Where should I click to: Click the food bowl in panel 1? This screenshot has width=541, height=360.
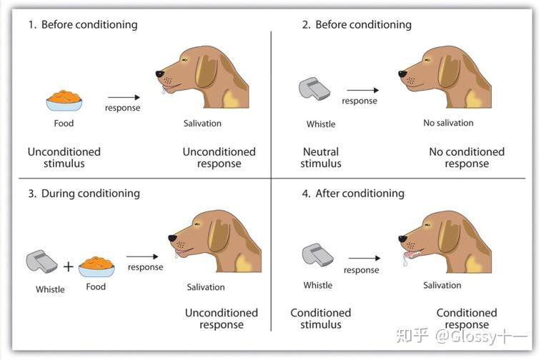tap(64, 101)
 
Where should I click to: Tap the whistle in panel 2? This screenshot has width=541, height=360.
tap(314, 89)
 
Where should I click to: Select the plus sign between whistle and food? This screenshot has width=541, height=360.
tap(69, 266)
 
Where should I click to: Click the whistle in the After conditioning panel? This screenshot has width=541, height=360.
tap(318, 255)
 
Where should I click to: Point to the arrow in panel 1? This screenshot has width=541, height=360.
tap(124, 98)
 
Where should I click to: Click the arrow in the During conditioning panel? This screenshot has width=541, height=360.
tap(142, 256)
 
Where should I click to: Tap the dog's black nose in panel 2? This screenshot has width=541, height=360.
tap(402, 74)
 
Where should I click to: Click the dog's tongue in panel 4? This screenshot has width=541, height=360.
tap(411, 254)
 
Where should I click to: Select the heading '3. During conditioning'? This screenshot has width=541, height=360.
tap(84, 194)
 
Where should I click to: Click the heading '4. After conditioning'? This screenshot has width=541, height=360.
tap(353, 194)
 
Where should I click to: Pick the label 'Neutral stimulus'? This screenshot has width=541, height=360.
tap(321, 158)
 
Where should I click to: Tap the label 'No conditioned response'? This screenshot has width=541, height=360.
tap(467, 158)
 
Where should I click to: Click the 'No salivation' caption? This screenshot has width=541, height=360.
tap(448, 123)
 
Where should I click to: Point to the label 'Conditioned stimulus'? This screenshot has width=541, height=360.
tap(321, 319)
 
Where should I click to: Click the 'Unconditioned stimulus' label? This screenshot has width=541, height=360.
tap(64, 158)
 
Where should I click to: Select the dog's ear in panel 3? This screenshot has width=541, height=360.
tap(219, 235)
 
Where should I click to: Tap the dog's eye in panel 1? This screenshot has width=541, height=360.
tap(184, 60)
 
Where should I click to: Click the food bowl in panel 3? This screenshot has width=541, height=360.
tap(96, 267)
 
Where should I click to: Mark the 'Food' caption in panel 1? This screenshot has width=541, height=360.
tap(64, 123)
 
